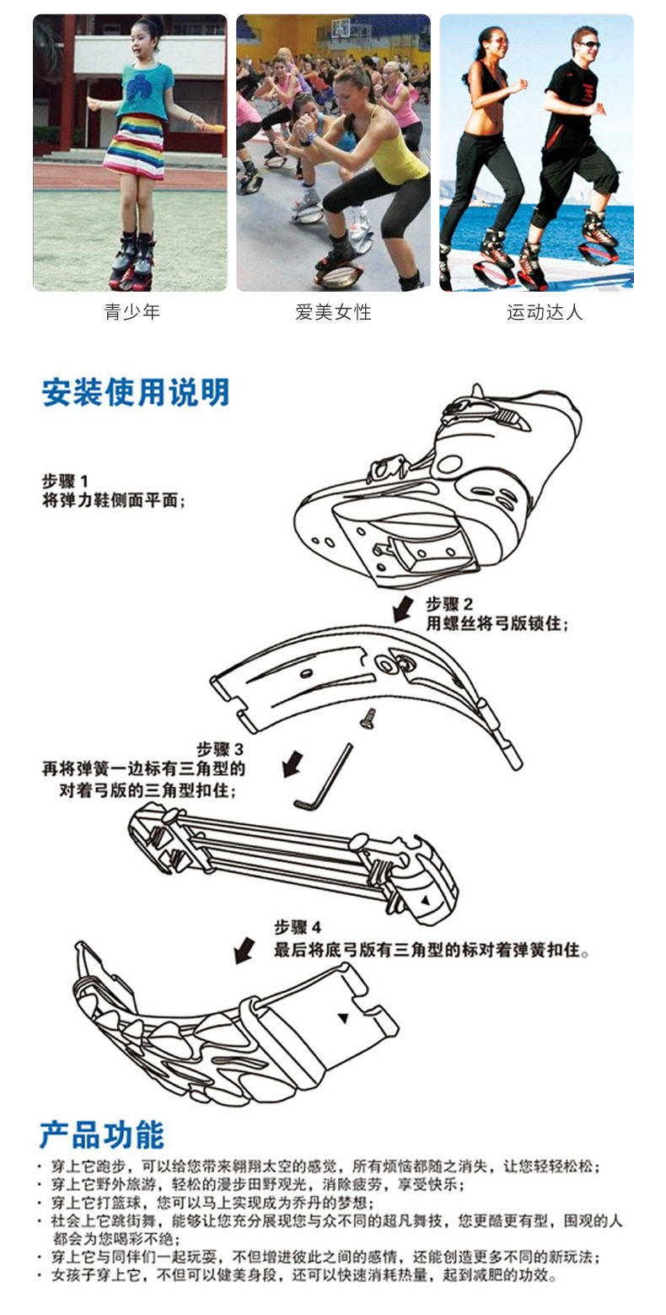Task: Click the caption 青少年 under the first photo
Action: tap(132, 313)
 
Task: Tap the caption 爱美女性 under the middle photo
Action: tap(333, 313)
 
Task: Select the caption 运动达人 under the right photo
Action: tap(544, 313)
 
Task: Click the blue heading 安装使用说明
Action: tap(135, 392)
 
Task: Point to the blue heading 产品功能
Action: tap(101, 1135)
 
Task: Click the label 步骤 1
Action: tap(66, 482)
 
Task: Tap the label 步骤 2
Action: tap(449, 605)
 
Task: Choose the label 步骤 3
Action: tap(220, 749)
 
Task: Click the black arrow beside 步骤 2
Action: tap(403, 607)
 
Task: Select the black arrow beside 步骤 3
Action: tap(293, 764)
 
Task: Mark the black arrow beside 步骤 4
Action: tap(244, 950)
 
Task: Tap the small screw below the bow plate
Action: tap(368, 718)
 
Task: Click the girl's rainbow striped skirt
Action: tap(135, 149)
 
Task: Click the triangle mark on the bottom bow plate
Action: tap(343, 1018)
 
